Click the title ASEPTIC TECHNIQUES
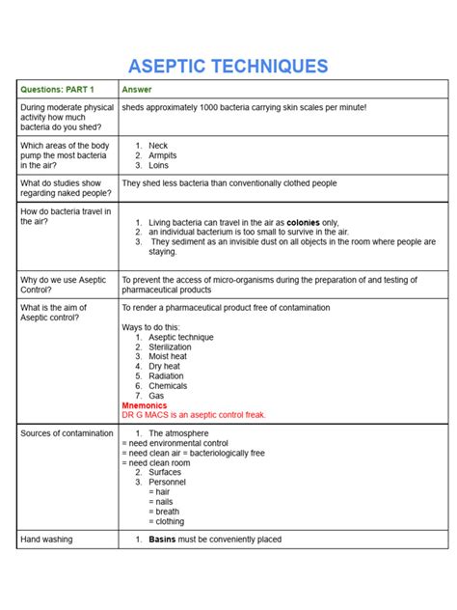point(228,67)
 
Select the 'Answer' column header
point(137,90)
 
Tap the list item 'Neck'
point(158,146)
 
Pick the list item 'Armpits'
point(164,155)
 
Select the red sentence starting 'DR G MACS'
point(193,415)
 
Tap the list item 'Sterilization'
point(171,347)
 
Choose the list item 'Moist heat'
point(168,356)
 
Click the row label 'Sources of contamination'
point(67,433)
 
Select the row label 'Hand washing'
point(47,540)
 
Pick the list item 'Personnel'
point(168,482)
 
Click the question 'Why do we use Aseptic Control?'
point(62,285)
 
